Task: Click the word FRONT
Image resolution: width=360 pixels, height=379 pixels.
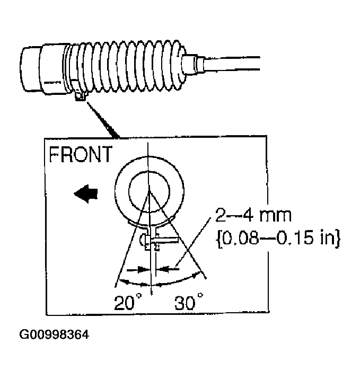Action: pyautogui.click(x=81, y=154)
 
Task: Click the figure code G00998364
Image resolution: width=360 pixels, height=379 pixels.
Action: pyautogui.click(x=54, y=335)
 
